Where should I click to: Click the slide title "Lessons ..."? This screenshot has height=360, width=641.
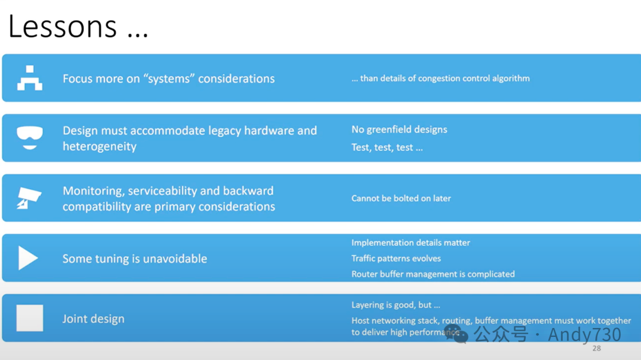(x=78, y=27)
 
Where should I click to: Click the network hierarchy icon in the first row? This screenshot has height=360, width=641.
(x=30, y=78)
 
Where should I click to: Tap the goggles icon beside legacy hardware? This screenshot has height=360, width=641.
(x=30, y=138)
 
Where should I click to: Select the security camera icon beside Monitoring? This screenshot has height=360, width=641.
(x=29, y=198)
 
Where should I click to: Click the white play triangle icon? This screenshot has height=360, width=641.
(x=28, y=258)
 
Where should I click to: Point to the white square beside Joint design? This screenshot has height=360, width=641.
(x=30, y=318)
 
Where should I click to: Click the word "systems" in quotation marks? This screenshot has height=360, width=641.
(x=169, y=78)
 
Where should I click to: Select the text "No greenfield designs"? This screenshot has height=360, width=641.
(x=399, y=129)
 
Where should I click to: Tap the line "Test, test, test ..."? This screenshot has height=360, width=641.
(x=387, y=148)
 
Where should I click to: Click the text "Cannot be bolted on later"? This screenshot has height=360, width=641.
(x=401, y=198)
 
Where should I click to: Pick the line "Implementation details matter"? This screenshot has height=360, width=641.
(x=411, y=243)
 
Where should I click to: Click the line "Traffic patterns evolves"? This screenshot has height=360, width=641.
(x=396, y=258)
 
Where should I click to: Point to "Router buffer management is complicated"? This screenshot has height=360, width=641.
(x=433, y=274)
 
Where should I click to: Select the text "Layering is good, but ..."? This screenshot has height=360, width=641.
(x=396, y=305)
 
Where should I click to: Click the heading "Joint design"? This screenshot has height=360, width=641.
(x=94, y=318)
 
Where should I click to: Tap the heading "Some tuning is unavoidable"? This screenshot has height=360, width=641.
(x=135, y=259)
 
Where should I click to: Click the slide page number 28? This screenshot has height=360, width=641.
(x=597, y=348)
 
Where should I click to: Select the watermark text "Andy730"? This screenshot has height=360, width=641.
(x=585, y=334)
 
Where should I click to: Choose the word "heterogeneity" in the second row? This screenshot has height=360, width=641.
(x=100, y=146)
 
